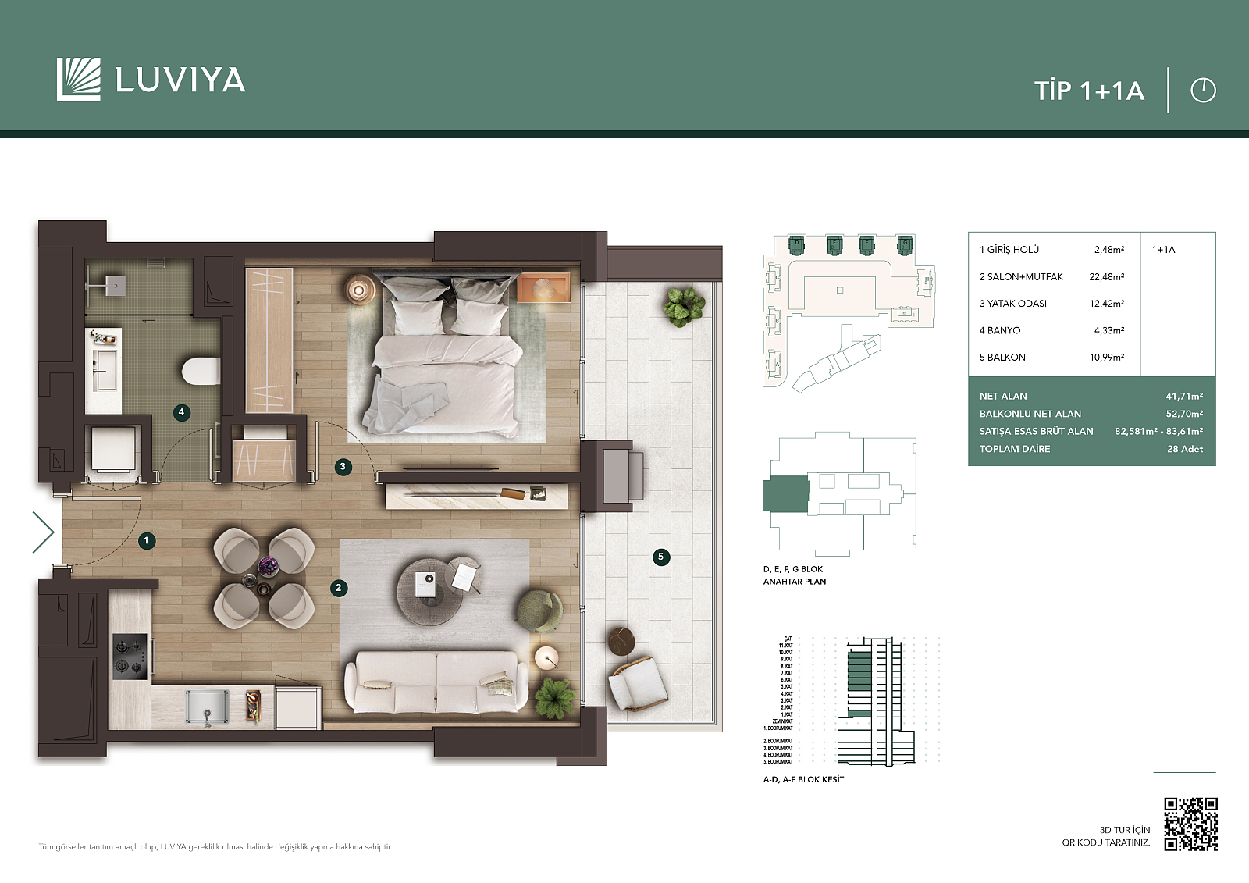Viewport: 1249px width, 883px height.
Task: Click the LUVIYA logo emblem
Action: (79, 80)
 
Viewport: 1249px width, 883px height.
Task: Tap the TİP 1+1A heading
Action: (1089, 91)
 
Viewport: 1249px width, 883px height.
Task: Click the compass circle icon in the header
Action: (1203, 91)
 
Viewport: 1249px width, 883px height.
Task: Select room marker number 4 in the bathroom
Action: (181, 412)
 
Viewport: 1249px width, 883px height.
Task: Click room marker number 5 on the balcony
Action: (661, 557)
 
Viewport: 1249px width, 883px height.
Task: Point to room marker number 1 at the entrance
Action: (146, 540)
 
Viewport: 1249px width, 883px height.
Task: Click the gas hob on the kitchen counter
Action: (130, 655)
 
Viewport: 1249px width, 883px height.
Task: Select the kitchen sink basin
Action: (207, 707)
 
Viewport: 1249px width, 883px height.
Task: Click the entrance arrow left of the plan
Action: (43, 532)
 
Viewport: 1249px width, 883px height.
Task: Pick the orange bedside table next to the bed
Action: (543, 287)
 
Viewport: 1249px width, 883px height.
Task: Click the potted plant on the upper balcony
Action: (683, 305)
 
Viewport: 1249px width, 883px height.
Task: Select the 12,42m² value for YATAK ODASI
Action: (1106, 304)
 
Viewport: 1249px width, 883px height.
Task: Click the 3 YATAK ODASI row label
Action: (1012, 304)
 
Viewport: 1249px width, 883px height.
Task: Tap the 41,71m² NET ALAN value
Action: (1183, 397)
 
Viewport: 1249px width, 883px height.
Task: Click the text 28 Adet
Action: (1184, 449)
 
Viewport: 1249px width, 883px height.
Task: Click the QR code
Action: (1190, 824)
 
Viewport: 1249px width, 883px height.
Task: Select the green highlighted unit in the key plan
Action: (785, 494)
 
